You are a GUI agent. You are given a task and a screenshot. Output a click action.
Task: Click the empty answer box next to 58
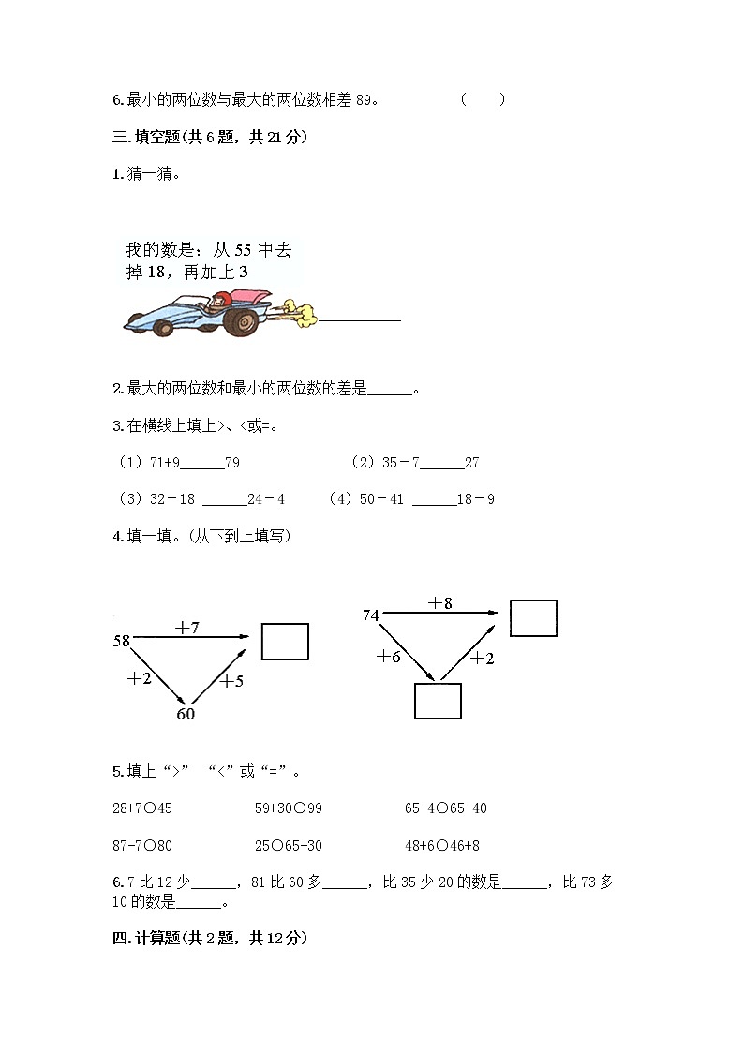tap(285, 641)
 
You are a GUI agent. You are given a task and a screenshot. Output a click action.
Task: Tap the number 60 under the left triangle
tap(186, 714)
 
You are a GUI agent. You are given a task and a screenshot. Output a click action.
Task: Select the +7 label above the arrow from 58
tap(187, 628)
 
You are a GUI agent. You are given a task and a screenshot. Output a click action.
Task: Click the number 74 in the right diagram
tap(371, 615)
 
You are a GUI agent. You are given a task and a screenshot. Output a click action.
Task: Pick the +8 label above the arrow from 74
tap(440, 603)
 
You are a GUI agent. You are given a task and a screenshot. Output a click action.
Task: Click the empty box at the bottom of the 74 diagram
tap(438, 701)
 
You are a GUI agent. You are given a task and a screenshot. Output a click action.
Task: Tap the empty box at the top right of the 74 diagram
tap(533, 618)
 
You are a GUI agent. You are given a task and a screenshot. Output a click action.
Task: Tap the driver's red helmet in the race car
tap(221, 300)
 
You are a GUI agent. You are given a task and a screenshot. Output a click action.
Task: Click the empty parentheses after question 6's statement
tap(483, 100)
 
